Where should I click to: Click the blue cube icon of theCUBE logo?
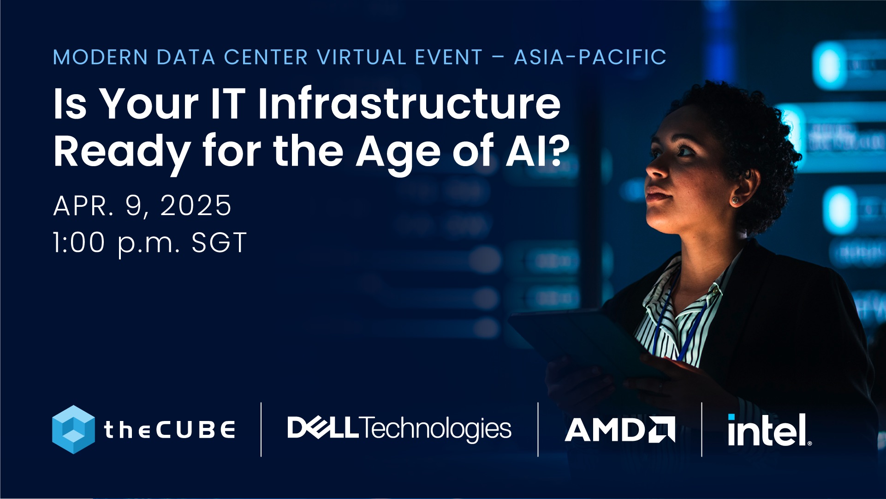click(x=73, y=429)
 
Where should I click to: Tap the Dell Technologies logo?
click(x=399, y=428)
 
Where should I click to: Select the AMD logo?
click(x=619, y=430)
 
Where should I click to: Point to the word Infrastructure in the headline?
click(x=409, y=103)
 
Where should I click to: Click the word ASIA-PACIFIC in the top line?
click(x=590, y=57)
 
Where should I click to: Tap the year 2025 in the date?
click(x=196, y=205)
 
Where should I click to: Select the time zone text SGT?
click(x=219, y=243)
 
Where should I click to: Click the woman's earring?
click(x=734, y=200)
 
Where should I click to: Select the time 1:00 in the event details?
click(x=79, y=243)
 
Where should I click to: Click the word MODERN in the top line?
click(x=100, y=57)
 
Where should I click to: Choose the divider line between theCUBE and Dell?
click(x=261, y=429)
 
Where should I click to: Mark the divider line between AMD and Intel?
click(x=702, y=429)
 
